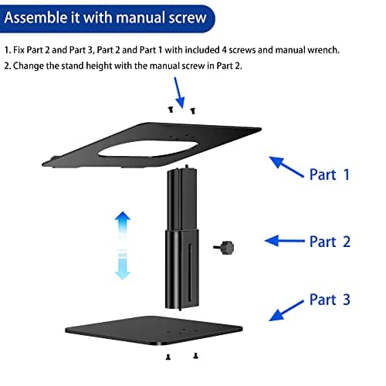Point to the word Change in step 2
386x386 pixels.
(29, 66)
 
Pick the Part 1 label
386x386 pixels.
(330, 174)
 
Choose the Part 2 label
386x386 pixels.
(330, 242)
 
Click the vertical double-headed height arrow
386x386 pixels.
(122, 246)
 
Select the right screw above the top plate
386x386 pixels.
(192, 111)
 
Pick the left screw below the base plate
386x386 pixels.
(168, 357)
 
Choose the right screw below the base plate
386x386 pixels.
(195, 356)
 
